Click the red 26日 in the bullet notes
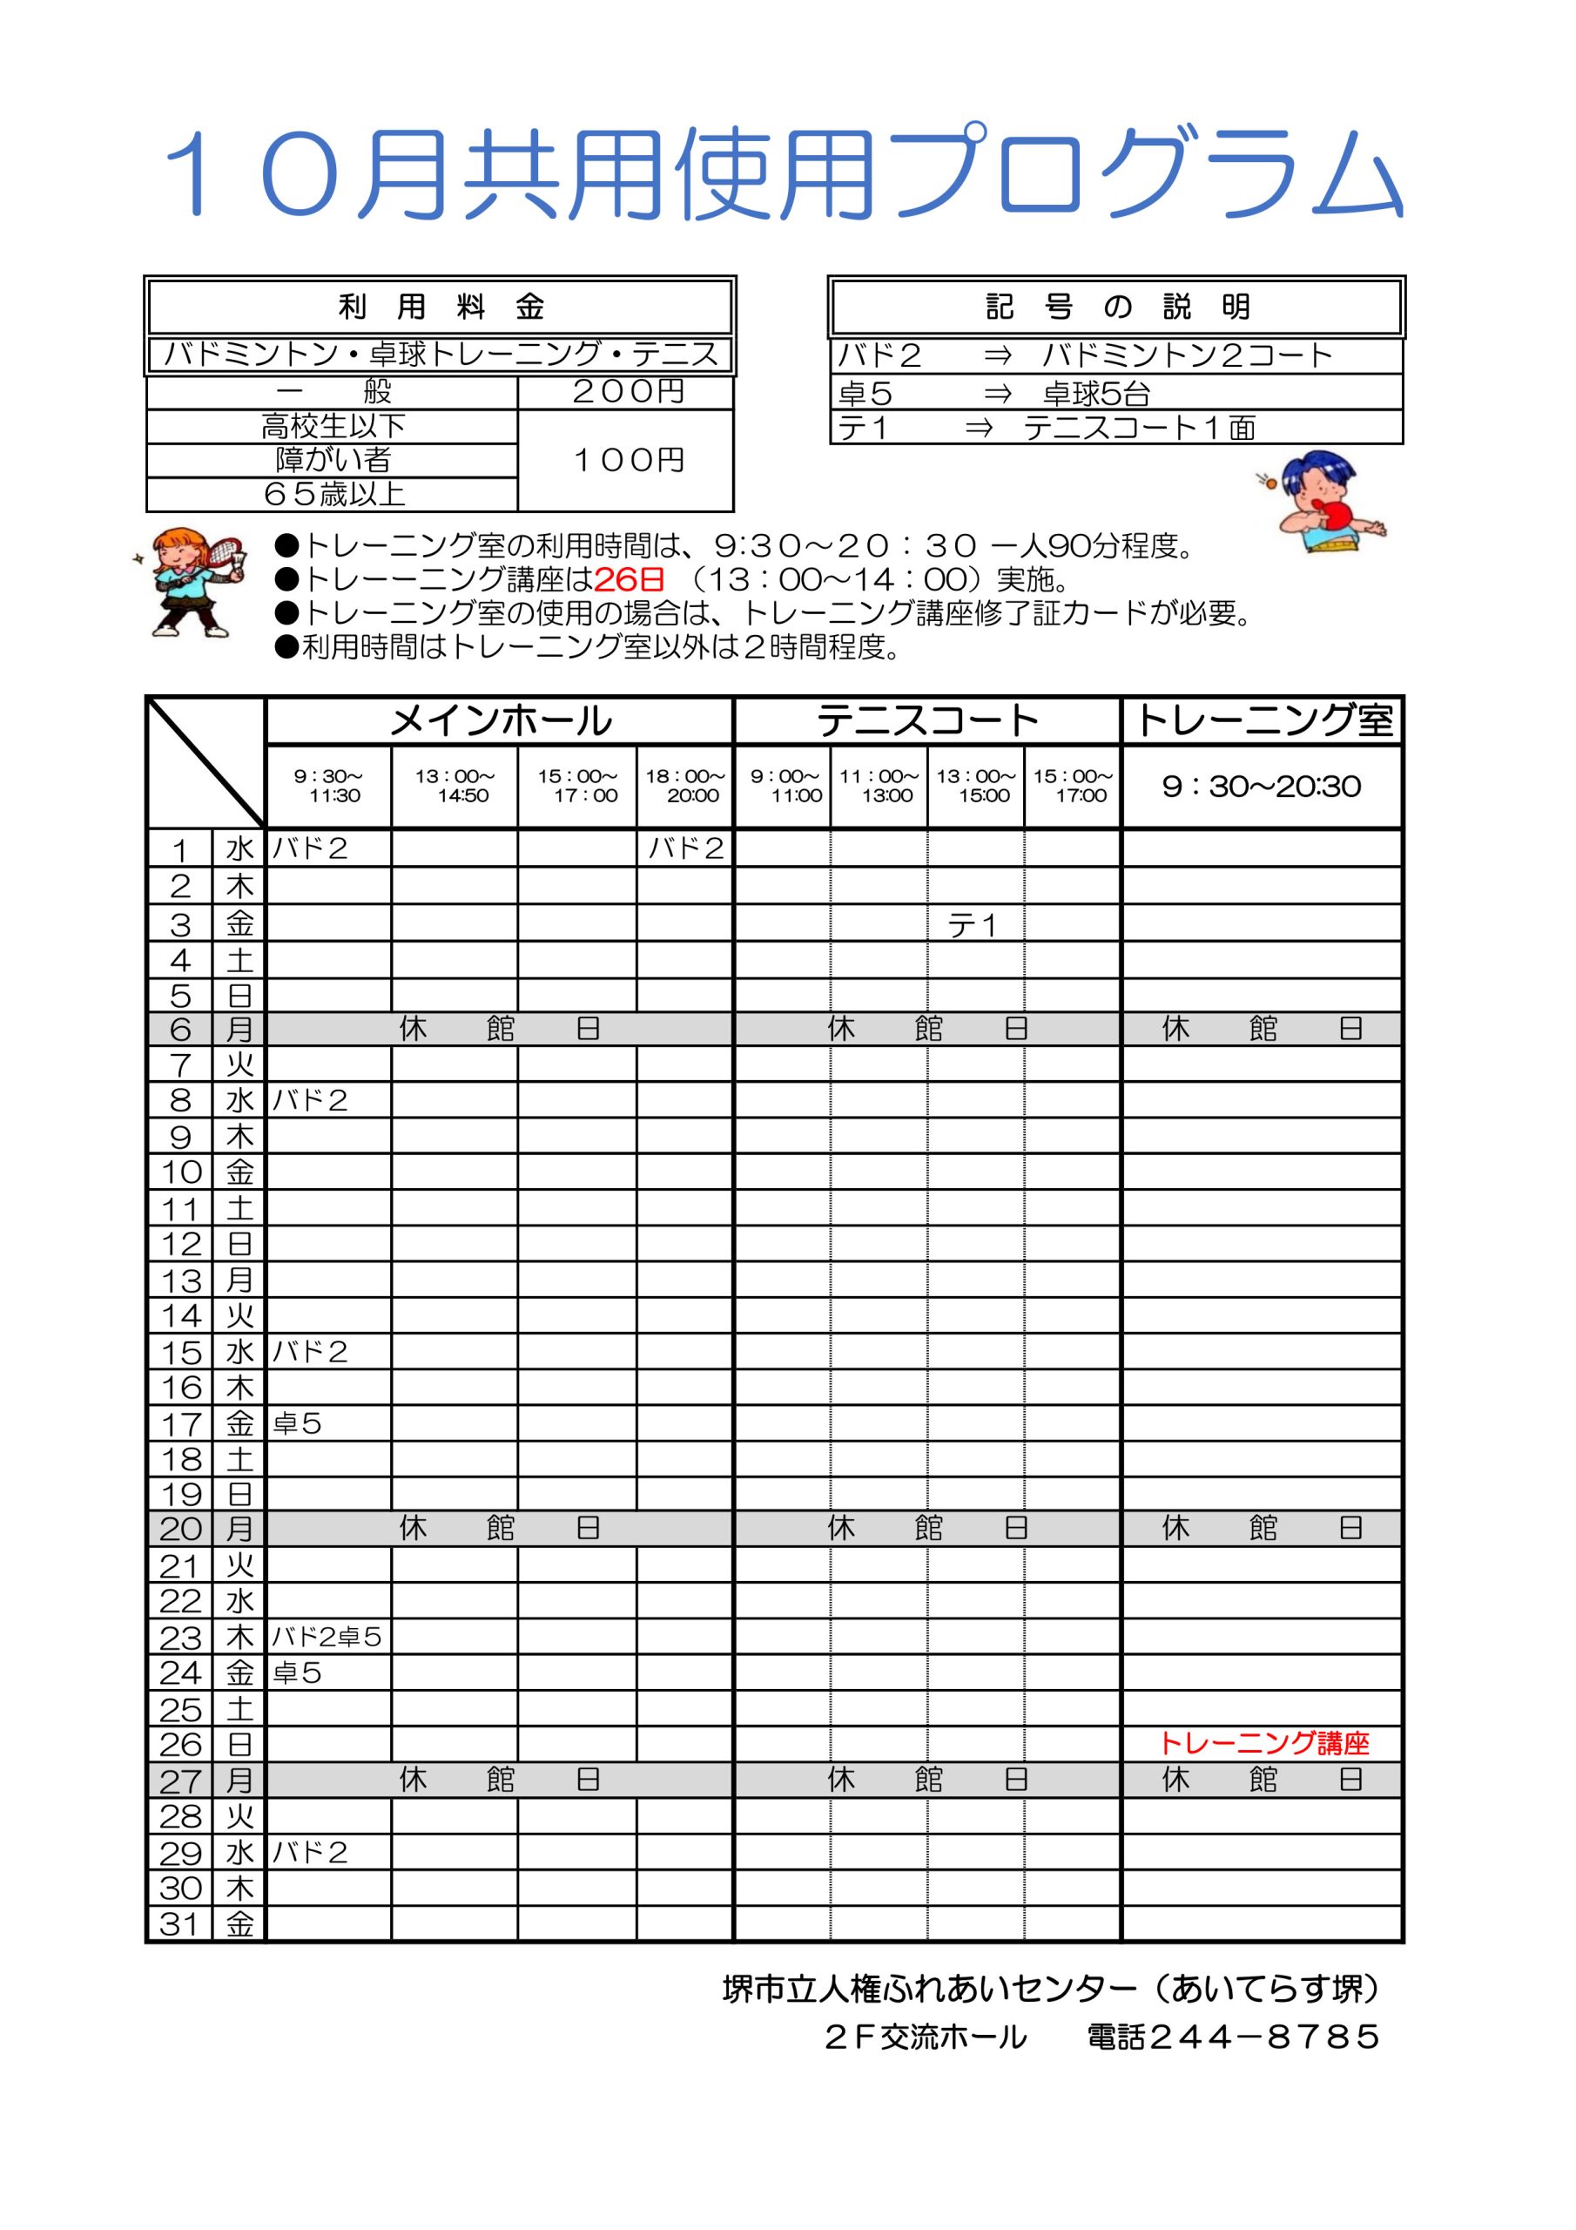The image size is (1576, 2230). pyautogui.click(x=630, y=580)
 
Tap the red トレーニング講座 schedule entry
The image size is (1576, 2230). pyautogui.click(x=1264, y=1743)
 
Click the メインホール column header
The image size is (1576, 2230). pyautogui.click(x=499, y=721)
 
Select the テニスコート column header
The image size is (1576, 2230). pyautogui.click(x=927, y=721)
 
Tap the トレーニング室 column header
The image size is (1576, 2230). pyautogui.click(x=1263, y=721)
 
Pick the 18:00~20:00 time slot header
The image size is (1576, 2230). pyautogui.click(x=684, y=786)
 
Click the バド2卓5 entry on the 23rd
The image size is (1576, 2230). pyautogui.click(x=327, y=1638)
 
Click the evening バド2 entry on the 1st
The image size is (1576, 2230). pyautogui.click(x=685, y=848)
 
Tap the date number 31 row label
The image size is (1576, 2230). pyautogui.click(x=179, y=1924)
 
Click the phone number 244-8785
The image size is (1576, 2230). pyautogui.click(x=1263, y=2037)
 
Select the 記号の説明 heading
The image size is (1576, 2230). pyautogui.click(x=1117, y=307)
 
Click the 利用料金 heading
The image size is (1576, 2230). pyautogui.click(x=440, y=307)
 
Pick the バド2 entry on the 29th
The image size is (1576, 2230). pyautogui.click(x=310, y=1852)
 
